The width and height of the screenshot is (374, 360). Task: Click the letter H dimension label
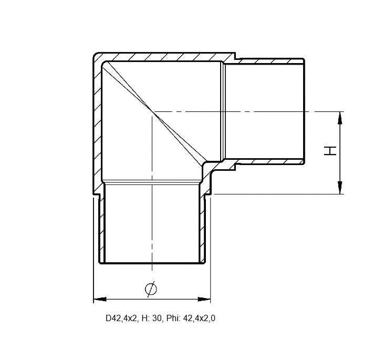click(x=330, y=151)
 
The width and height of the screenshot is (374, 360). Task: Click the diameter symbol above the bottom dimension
click(x=151, y=289)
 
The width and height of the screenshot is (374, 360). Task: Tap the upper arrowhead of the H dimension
click(x=340, y=118)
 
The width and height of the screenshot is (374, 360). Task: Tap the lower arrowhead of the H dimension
click(x=340, y=188)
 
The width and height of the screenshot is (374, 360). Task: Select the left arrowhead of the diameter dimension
click(x=100, y=299)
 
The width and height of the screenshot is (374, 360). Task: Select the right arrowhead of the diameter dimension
click(x=204, y=299)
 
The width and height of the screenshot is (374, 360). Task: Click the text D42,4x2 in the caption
click(x=122, y=318)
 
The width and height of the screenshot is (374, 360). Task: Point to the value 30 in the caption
click(x=157, y=318)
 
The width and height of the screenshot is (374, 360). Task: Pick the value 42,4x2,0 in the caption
click(x=199, y=318)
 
